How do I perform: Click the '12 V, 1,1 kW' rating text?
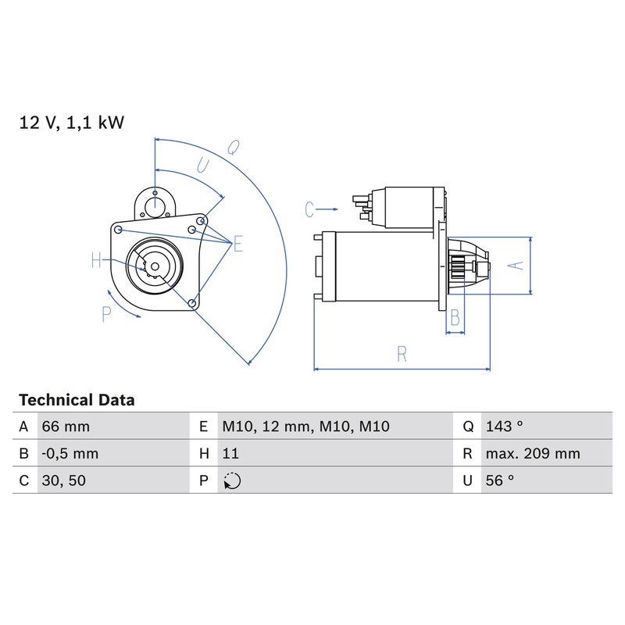click(x=72, y=123)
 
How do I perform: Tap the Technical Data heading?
click(x=77, y=400)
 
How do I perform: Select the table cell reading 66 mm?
click(x=66, y=427)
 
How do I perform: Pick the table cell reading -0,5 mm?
click(x=70, y=454)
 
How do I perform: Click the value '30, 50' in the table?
click(x=64, y=480)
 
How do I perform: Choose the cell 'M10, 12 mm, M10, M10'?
click(x=305, y=427)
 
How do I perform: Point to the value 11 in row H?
click(x=230, y=454)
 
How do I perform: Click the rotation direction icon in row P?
click(x=232, y=480)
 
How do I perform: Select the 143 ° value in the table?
click(x=504, y=427)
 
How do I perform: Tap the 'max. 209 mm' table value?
click(x=533, y=454)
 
